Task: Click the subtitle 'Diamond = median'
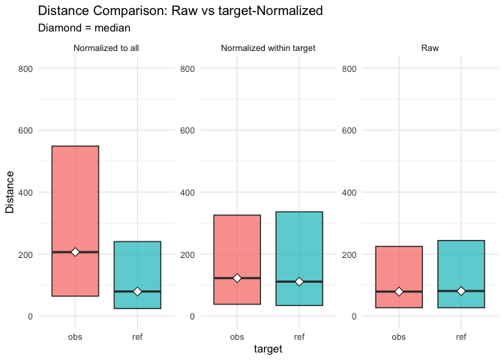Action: coord(84,28)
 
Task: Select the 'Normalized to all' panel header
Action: coord(106,49)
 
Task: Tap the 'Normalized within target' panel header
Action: coord(268,49)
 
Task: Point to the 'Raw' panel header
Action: coord(430,49)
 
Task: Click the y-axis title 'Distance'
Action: coord(10,192)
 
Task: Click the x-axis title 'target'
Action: coord(268,349)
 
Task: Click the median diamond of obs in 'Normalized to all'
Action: coord(75,252)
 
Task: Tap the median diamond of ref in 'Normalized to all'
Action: coord(137,291)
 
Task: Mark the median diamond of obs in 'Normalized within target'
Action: coord(237,278)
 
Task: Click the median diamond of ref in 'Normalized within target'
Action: coord(299,281)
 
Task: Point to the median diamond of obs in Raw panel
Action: coord(399,291)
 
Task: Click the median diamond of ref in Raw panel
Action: coord(461,291)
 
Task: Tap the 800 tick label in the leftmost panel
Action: coord(25,68)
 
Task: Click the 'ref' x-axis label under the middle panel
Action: coord(299,336)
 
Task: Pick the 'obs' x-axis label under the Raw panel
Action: coord(399,336)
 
